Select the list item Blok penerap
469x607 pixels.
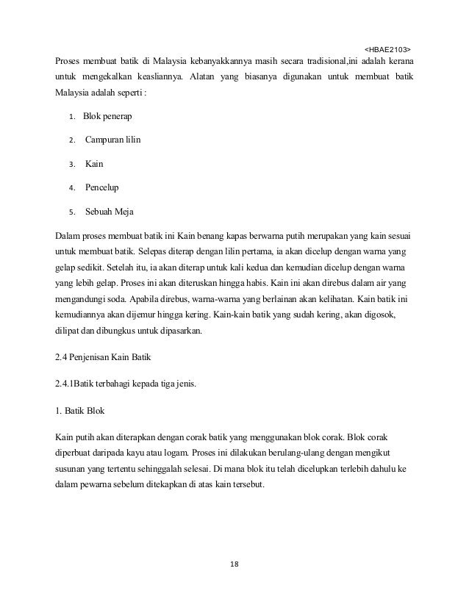pyautogui.click(x=108, y=116)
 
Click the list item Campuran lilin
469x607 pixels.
pyautogui.click(x=113, y=140)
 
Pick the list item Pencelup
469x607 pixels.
pyautogui.click(x=102, y=187)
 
